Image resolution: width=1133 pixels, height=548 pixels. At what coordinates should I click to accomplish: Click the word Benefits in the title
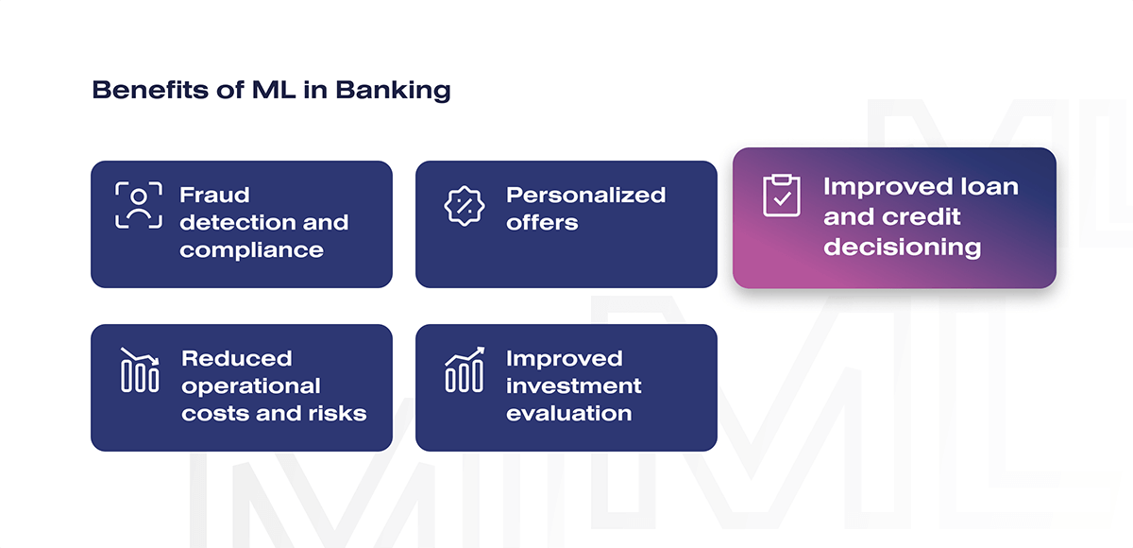click(150, 90)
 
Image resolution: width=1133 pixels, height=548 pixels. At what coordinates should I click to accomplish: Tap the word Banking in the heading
click(393, 91)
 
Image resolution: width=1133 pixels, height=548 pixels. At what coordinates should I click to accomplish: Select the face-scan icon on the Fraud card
click(139, 205)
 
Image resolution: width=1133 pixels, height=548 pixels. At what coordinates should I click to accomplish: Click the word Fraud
click(214, 195)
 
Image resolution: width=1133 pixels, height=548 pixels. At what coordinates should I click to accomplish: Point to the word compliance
click(251, 250)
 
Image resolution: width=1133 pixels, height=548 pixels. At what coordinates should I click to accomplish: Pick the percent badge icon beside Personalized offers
click(465, 206)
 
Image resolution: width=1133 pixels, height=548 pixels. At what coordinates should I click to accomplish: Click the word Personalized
click(585, 196)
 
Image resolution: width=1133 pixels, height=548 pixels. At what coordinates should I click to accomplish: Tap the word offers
click(542, 223)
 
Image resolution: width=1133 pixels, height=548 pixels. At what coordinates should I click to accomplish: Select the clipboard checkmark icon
click(782, 196)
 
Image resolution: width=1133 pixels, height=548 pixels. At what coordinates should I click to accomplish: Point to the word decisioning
click(903, 248)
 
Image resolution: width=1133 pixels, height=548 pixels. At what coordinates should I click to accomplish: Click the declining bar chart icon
click(140, 369)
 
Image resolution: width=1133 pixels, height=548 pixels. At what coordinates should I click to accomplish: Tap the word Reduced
click(237, 359)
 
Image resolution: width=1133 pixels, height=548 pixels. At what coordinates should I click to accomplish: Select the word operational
click(251, 386)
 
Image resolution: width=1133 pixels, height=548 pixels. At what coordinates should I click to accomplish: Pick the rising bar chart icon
click(465, 369)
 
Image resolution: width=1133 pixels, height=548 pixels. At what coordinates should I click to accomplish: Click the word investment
click(574, 386)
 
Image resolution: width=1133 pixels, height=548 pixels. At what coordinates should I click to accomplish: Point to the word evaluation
click(569, 414)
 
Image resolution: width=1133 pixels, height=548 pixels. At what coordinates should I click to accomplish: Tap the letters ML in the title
click(274, 90)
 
